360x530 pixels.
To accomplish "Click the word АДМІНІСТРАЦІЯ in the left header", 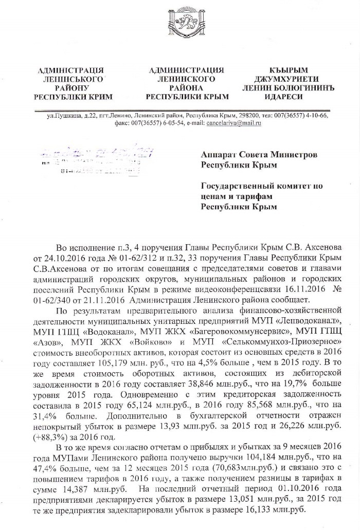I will pyautogui.click(x=72, y=70).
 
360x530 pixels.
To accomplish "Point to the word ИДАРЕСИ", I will pyautogui.click(x=288, y=96).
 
